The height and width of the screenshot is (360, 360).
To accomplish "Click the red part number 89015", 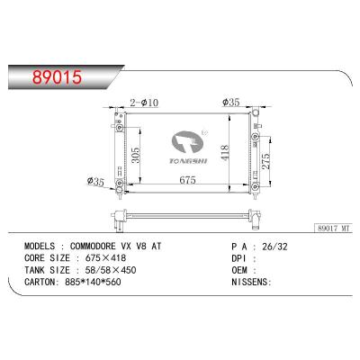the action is coord(57,76).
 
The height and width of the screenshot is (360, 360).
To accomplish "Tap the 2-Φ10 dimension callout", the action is coord(144,103).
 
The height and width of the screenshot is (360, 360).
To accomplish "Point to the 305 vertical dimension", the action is coord(136,155).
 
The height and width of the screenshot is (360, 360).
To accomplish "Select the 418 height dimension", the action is coord(225,152).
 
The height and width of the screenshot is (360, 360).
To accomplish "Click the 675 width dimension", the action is coord(187,180).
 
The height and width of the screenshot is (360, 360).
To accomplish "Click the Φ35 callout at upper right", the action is coord(230,103).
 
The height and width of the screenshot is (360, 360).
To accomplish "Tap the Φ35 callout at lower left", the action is coord(95,182).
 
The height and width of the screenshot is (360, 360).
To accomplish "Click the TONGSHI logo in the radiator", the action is coord(188,148).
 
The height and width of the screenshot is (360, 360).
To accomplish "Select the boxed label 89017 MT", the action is coord(333,229).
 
